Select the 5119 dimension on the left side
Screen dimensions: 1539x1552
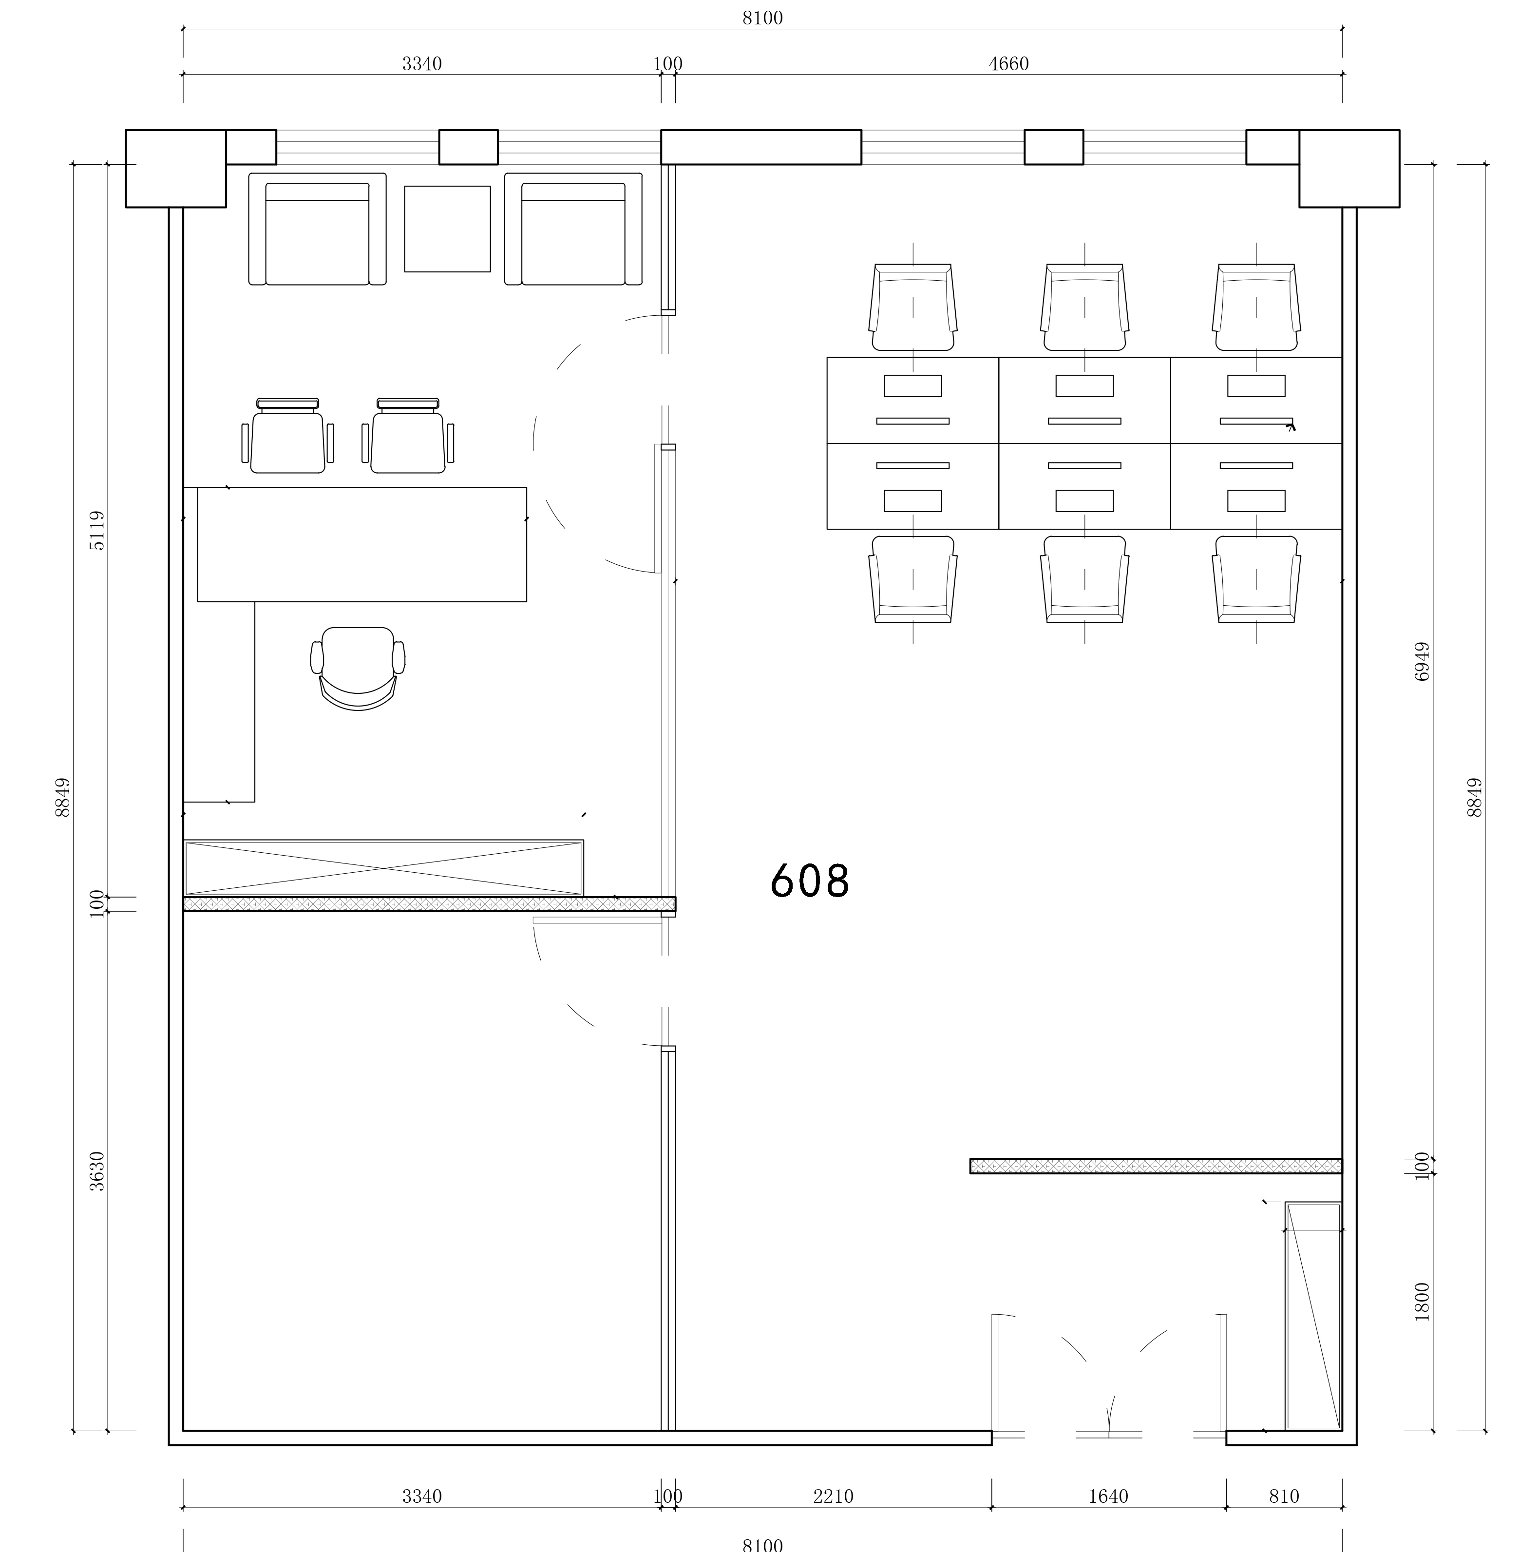pos(96,530)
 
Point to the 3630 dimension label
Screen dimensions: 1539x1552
pos(96,1171)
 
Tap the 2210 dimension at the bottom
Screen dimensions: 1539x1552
pos(833,1496)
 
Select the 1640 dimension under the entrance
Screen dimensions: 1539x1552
pos(1108,1496)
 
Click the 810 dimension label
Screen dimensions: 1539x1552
pos(1284,1496)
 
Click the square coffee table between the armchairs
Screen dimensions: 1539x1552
pos(447,229)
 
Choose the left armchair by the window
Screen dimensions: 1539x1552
pos(317,229)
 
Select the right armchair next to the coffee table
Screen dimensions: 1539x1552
pos(573,229)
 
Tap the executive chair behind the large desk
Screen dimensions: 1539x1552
pos(358,669)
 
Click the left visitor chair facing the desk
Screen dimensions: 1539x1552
pos(287,436)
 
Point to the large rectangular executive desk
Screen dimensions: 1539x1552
pos(362,544)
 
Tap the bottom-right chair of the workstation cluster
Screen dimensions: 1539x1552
pos(1256,579)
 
